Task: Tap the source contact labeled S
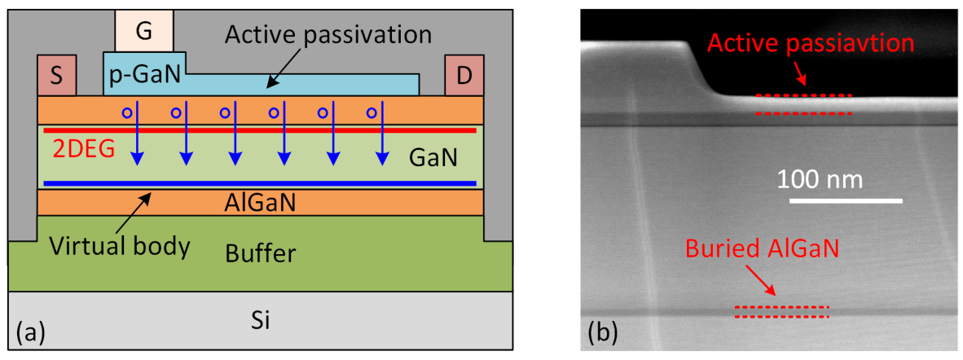click(x=56, y=76)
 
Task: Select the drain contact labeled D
click(x=464, y=76)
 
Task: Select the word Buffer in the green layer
click(x=260, y=253)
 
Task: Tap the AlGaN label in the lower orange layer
click(x=260, y=203)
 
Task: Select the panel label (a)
click(x=30, y=332)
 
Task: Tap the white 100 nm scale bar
click(x=837, y=200)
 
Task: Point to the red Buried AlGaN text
click(x=760, y=248)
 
